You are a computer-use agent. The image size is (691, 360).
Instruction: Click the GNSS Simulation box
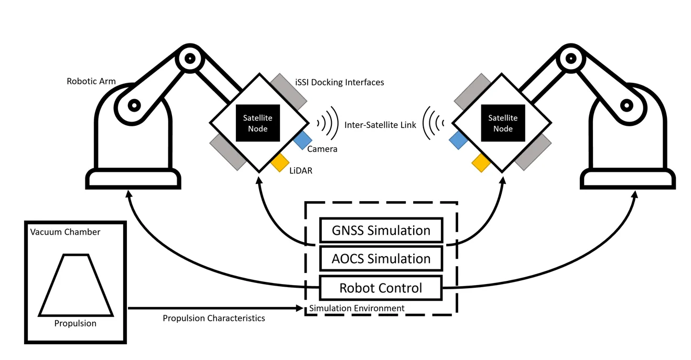(x=381, y=230)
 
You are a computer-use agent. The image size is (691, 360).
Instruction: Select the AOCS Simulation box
(x=381, y=258)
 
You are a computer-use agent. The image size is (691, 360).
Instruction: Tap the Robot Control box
(x=381, y=288)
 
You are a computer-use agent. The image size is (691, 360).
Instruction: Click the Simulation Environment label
(x=357, y=308)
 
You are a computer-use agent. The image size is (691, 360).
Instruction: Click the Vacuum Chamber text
(x=65, y=232)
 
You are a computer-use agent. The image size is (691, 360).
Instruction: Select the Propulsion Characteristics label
(x=213, y=318)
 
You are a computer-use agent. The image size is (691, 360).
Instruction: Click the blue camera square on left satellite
(x=303, y=140)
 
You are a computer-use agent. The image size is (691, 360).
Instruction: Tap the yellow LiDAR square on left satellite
(x=280, y=162)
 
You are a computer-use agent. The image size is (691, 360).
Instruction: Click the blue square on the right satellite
(x=458, y=140)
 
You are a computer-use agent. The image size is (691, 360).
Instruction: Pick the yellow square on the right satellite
(x=481, y=162)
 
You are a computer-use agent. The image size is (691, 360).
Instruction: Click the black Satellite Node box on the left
(x=257, y=123)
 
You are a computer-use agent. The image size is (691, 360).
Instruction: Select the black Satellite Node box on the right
(x=503, y=123)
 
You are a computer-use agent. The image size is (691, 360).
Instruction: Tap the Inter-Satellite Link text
(x=380, y=125)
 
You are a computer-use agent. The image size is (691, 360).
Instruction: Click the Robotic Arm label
(x=91, y=81)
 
